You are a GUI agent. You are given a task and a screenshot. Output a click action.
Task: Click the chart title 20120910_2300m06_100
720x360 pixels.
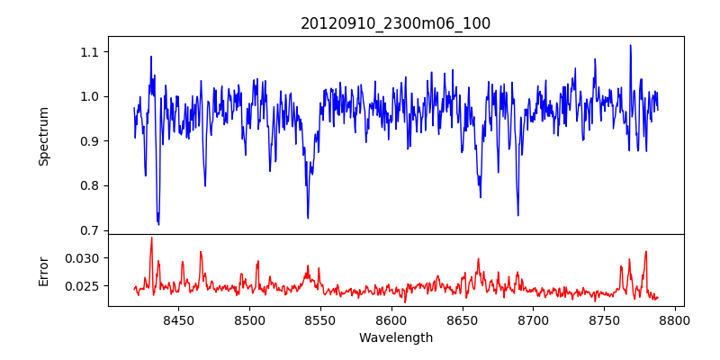pos(395,23)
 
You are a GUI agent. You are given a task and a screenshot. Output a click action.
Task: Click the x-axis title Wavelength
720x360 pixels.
pos(395,337)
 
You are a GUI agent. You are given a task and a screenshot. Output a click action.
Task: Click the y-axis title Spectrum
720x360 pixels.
pos(44,136)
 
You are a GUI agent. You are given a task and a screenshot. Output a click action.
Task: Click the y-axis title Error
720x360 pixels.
pos(44,271)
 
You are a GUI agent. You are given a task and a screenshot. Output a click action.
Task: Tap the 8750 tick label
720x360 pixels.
pos(605,319)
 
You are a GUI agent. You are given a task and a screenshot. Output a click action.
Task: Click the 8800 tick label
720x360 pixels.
pos(676,319)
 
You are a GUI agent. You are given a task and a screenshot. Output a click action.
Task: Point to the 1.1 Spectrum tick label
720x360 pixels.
pos(87,52)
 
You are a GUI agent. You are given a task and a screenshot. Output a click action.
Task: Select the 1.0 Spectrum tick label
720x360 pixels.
pos(87,96)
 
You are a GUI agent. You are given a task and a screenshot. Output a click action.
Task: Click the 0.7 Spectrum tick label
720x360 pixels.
pos(87,230)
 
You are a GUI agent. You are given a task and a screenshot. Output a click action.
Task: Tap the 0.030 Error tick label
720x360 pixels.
pos(82,258)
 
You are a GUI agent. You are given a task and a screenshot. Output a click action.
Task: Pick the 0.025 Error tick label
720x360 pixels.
pos(82,286)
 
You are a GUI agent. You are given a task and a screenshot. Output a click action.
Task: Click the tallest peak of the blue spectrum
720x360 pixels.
pos(630,45)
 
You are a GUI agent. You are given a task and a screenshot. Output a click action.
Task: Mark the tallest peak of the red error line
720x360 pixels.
pos(151,238)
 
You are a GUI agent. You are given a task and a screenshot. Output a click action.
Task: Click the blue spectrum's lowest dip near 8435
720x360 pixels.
pos(158,224)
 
